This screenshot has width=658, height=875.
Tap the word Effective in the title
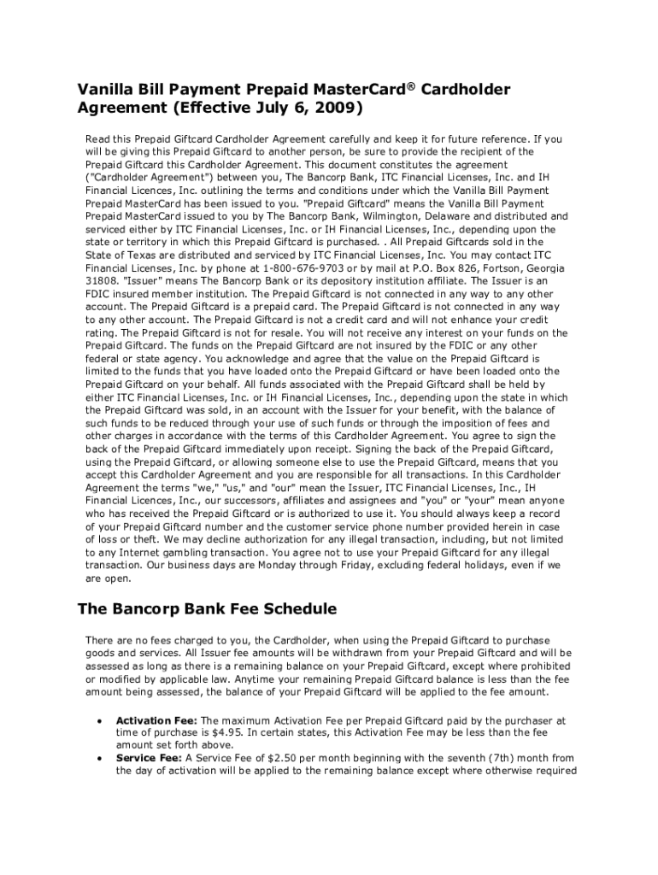[209, 109]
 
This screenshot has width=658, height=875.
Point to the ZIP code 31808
[103, 281]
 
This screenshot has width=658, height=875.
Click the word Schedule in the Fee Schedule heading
[292, 609]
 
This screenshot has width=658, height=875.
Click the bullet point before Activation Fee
[103, 720]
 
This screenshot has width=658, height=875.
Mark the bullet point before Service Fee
[103, 758]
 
